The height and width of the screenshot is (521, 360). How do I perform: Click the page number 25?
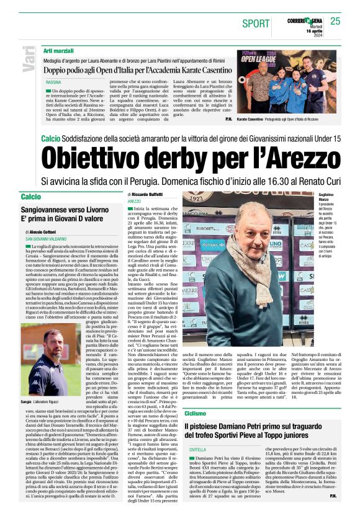click(x=335, y=21)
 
